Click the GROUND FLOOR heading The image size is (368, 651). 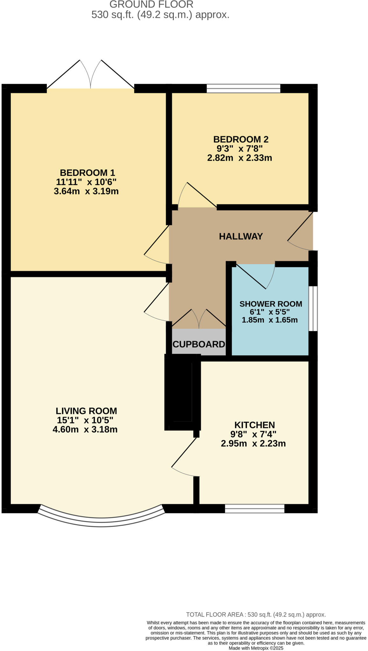(x=151, y=4)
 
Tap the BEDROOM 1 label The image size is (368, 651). (x=87, y=173)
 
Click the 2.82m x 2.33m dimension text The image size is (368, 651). (x=239, y=158)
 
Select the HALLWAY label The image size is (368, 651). (x=241, y=236)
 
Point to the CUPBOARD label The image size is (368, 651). (x=199, y=344)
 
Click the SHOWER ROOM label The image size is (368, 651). (x=271, y=304)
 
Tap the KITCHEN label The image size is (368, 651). (x=254, y=425)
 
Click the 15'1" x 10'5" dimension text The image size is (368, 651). (x=85, y=420)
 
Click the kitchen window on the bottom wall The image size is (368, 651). (x=254, y=509)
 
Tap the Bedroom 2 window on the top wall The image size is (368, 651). (x=243, y=88)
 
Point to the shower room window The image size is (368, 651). (x=313, y=308)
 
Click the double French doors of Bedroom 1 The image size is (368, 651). (x=91, y=75)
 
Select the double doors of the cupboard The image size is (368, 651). (x=199, y=319)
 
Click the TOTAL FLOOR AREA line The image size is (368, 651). (x=256, y=615)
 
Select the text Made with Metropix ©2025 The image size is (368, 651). (x=256, y=648)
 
